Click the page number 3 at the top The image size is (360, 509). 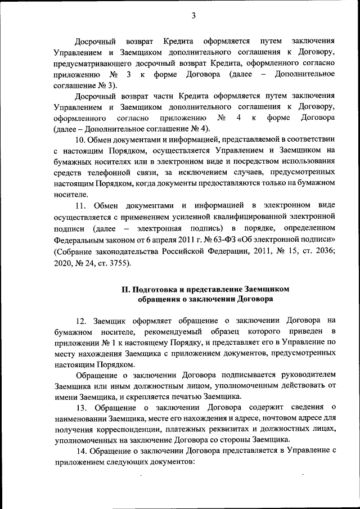[x=193, y=15]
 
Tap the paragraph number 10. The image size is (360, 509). [x=80, y=139]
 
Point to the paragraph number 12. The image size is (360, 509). [x=80, y=321]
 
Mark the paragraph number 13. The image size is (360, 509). [x=80, y=407]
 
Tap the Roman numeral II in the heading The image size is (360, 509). [x=126, y=289]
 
